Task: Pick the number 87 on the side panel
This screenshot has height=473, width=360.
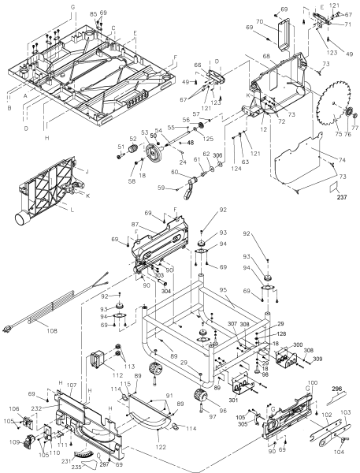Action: point(136,225)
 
